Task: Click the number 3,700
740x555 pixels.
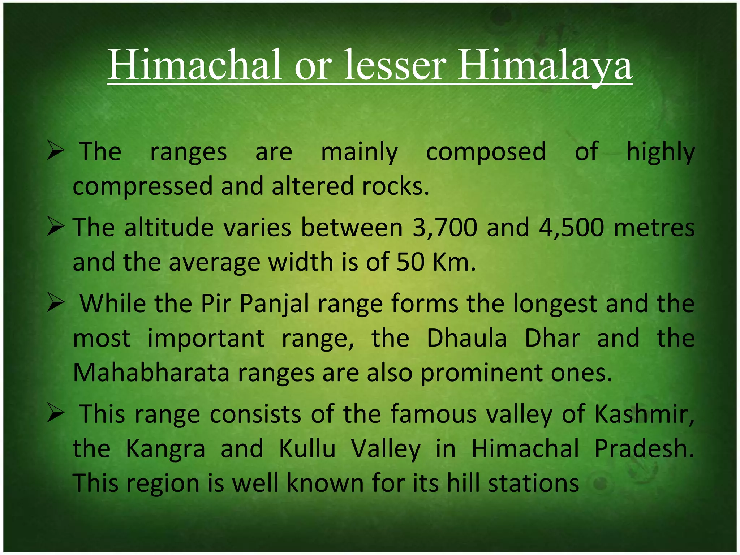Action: pyautogui.click(x=444, y=228)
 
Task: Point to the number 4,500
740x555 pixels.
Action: pyautogui.click(x=571, y=228)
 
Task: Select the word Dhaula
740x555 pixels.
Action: pyautogui.click(x=466, y=338)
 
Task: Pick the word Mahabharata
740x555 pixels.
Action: pyautogui.click(x=151, y=373)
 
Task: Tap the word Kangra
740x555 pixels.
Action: pyautogui.click(x=165, y=449)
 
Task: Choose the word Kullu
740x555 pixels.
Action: pyautogui.click(x=307, y=449)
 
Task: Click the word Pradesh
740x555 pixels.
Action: pyautogui.click(x=644, y=449)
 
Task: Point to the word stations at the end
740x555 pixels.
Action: pyautogui.click(x=533, y=483)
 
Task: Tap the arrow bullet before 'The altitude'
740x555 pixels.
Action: pyautogui.click(x=56, y=228)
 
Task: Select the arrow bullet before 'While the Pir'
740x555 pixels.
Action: pyautogui.click(x=56, y=304)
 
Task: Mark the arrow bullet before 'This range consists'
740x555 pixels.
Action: pyautogui.click(x=56, y=414)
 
